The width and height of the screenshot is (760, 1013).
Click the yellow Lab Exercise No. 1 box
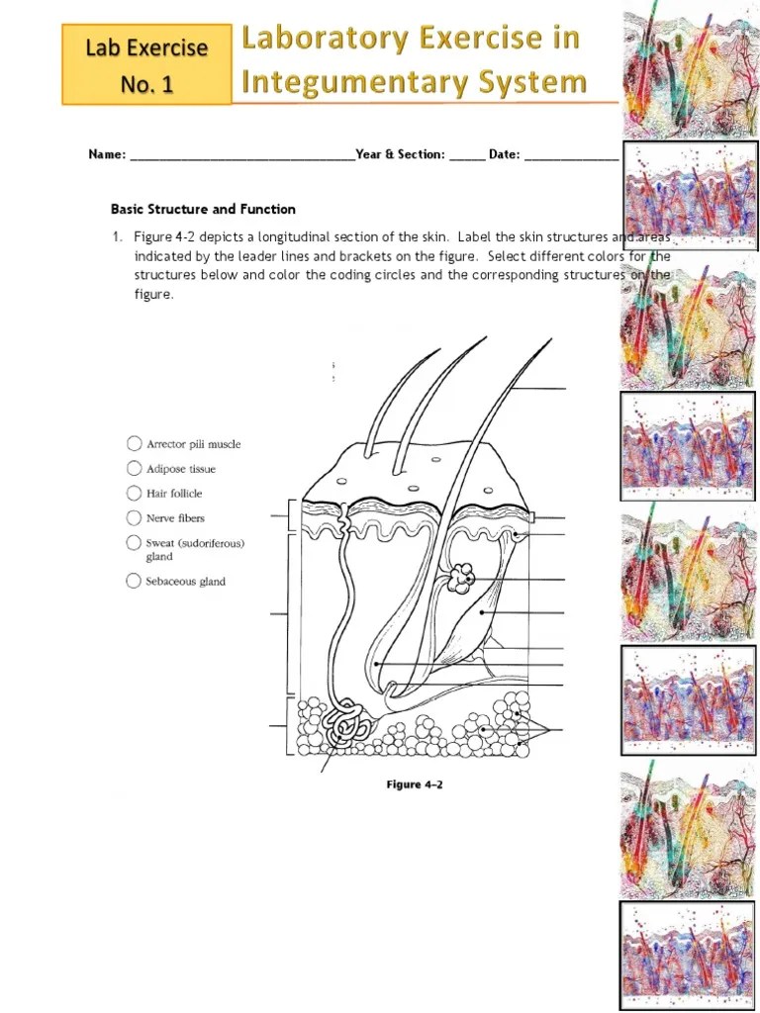pos(146,65)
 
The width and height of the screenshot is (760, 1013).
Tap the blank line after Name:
pos(241,155)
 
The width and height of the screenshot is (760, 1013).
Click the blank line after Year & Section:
pos(467,155)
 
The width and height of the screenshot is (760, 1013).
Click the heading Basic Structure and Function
pos(203,209)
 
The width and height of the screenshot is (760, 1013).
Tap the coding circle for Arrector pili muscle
pos(134,444)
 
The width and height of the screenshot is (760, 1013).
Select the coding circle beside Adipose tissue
pos(134,469)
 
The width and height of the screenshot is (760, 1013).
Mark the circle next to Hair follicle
pos(134,493)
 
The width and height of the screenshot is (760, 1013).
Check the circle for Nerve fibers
pos(134,517)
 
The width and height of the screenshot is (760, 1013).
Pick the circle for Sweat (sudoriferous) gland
pos(134,542)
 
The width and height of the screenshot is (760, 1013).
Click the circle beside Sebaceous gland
pos(134,582)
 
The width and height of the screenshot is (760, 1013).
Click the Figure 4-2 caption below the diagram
pos(414,784)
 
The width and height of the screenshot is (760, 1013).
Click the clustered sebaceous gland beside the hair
pos(460,578)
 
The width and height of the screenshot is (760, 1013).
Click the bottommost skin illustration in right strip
pos(687,954)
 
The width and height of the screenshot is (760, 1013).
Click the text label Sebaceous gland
pos(186,582)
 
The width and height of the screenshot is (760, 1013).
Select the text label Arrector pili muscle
pos(194,444)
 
